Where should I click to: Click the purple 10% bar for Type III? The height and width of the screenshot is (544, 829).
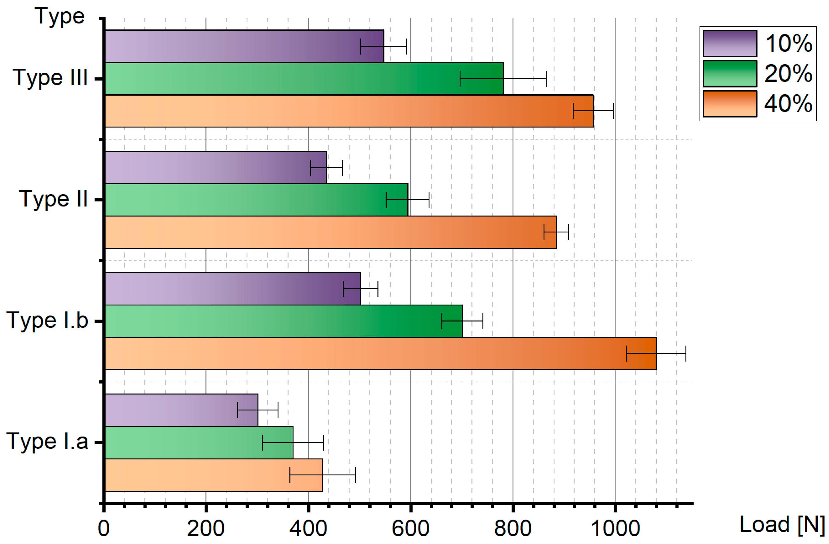[244, 46]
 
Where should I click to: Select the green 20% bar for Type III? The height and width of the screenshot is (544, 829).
[303, 78]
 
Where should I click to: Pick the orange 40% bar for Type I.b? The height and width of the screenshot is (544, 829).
[380, 353]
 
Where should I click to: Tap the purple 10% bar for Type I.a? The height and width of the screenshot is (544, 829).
[181, 410]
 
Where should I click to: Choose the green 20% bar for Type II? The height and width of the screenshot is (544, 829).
[256, 200]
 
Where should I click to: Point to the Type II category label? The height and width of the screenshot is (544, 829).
[53, 200]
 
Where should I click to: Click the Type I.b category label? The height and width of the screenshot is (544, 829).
[47, 321]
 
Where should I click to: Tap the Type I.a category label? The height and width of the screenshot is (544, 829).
[47, 442]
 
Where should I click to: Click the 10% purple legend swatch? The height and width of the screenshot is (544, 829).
[730, 44]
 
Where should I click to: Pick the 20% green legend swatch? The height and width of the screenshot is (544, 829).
[730, 74]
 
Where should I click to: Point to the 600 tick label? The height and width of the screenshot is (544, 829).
[410, 529]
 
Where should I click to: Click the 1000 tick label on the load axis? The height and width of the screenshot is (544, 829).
[615, 529]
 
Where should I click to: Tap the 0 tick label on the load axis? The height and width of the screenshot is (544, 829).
[104, 529]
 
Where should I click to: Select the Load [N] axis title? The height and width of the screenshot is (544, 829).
[782, 525]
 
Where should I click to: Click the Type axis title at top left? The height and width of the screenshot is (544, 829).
[60, 16]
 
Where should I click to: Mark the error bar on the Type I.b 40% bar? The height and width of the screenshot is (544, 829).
[656, 353]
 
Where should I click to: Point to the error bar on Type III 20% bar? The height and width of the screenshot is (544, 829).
[503, 79]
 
